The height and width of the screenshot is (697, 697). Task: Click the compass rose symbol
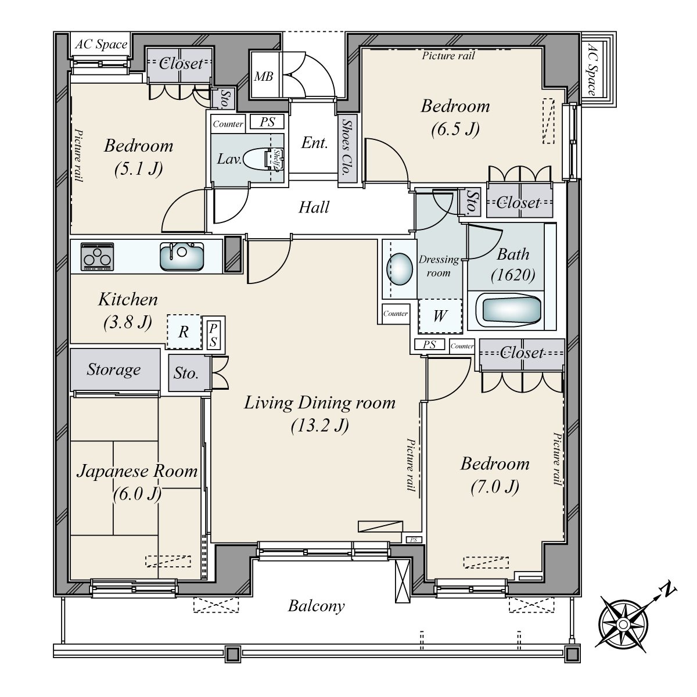623,624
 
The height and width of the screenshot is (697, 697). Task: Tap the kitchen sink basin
182,256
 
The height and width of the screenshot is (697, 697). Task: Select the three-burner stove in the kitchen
98,257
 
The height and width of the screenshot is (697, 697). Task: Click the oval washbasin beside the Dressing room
399,270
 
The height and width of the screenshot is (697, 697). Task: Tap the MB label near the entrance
263,76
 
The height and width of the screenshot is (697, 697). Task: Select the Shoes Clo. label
347,148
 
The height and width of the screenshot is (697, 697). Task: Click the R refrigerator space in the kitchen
184,332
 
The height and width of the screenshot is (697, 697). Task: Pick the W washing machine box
440,316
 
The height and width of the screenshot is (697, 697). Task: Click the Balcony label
317,606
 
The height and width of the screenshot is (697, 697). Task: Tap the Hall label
314,207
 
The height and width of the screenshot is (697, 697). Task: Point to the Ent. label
314,143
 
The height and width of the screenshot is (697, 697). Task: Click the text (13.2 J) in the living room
320,425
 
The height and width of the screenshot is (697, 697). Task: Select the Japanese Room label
137,471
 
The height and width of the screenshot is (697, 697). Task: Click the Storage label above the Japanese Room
114,369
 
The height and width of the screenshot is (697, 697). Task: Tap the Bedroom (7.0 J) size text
495,487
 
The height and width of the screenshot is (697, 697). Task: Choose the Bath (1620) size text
513,275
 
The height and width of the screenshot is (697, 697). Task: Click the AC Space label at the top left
101,44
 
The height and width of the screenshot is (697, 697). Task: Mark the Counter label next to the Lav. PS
228,124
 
